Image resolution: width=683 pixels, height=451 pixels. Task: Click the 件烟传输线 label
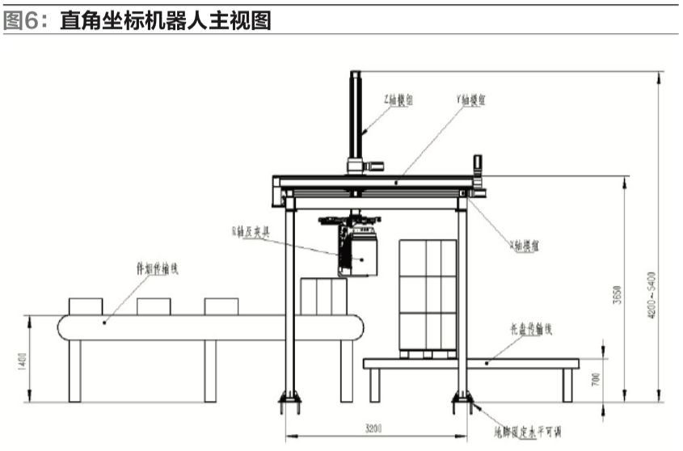click(x=155, y=266)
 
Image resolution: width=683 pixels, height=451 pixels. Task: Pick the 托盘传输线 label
click(x=532, y=330)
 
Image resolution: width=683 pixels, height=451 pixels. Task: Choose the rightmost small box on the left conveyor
click(x=221, y=306)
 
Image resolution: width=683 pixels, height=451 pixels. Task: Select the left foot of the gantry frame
click(x=289, y=398)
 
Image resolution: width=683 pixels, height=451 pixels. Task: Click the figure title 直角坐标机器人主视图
click(x=165, y=20)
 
